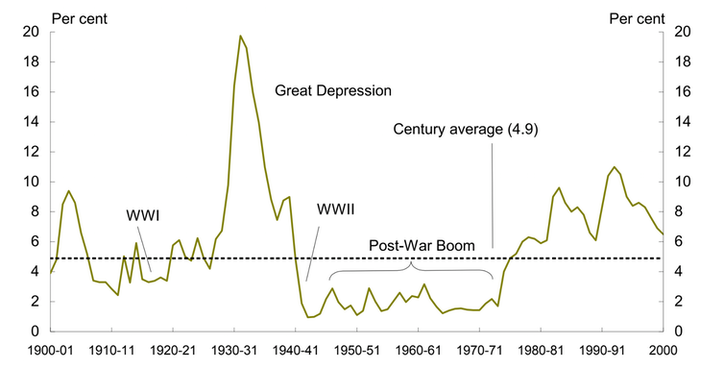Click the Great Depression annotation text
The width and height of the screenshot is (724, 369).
(x=333, y=90)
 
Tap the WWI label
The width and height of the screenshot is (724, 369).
(x=143, y=215)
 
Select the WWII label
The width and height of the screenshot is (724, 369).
(x=335, y=209)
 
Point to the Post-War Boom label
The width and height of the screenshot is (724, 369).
(x=422, y=245)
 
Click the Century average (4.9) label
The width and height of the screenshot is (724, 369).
(x=466, y=130)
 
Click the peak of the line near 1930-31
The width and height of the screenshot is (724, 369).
(x=240, y=36)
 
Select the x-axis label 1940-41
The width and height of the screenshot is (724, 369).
(x=296, y=351)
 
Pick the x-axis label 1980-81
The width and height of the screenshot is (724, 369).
(x=541, y=351)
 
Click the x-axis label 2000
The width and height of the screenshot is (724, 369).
(x=664, y=351)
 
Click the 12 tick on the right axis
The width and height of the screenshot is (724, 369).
(x=683, y=152)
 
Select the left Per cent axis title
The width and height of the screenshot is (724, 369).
(x=80, y=19)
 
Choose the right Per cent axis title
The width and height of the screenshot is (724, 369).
(x=638, y=19)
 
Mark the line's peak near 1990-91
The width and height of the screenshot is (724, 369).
(x=615, y=166)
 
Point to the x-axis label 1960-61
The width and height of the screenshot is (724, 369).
(x=418, y=351)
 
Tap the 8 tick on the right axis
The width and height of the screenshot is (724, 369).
(x=679, y=212)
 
